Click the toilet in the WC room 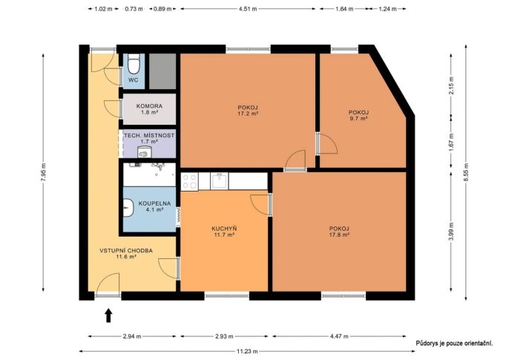point(134,64)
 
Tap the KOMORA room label point(149,106)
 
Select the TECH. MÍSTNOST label point(149,135)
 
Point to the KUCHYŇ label point(224,229)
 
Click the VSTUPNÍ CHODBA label point(126,251)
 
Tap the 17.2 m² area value point(248,114)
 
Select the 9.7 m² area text point(358,119)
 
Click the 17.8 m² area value point(339,235)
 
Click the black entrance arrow point(108,315)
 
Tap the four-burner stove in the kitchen point(190,181)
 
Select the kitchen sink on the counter point(220,181)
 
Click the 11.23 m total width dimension point(247,351)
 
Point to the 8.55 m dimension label point(466,172)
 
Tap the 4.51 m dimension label point(248,9)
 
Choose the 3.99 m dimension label point(452,232)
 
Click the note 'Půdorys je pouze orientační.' point(454,343)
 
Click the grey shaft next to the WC point(162,71)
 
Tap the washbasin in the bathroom point(128,208)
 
